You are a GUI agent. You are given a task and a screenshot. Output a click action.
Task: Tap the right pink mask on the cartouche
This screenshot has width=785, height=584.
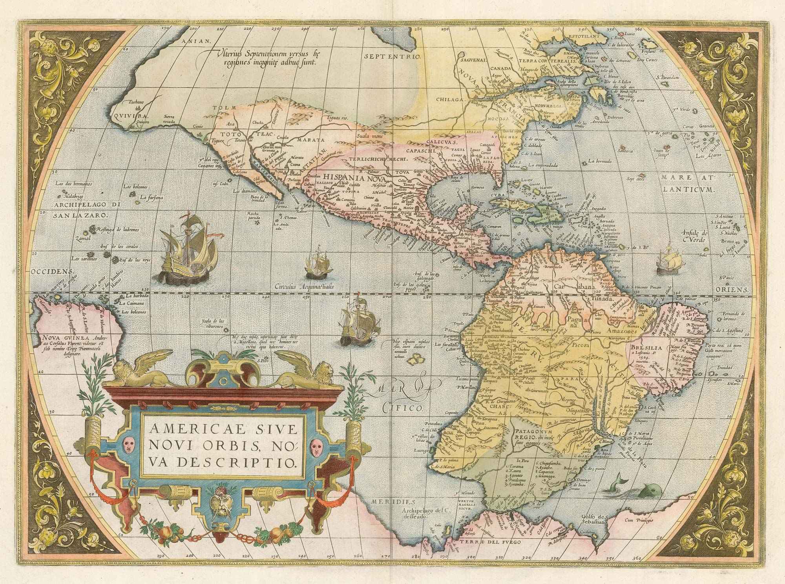point(317,446)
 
